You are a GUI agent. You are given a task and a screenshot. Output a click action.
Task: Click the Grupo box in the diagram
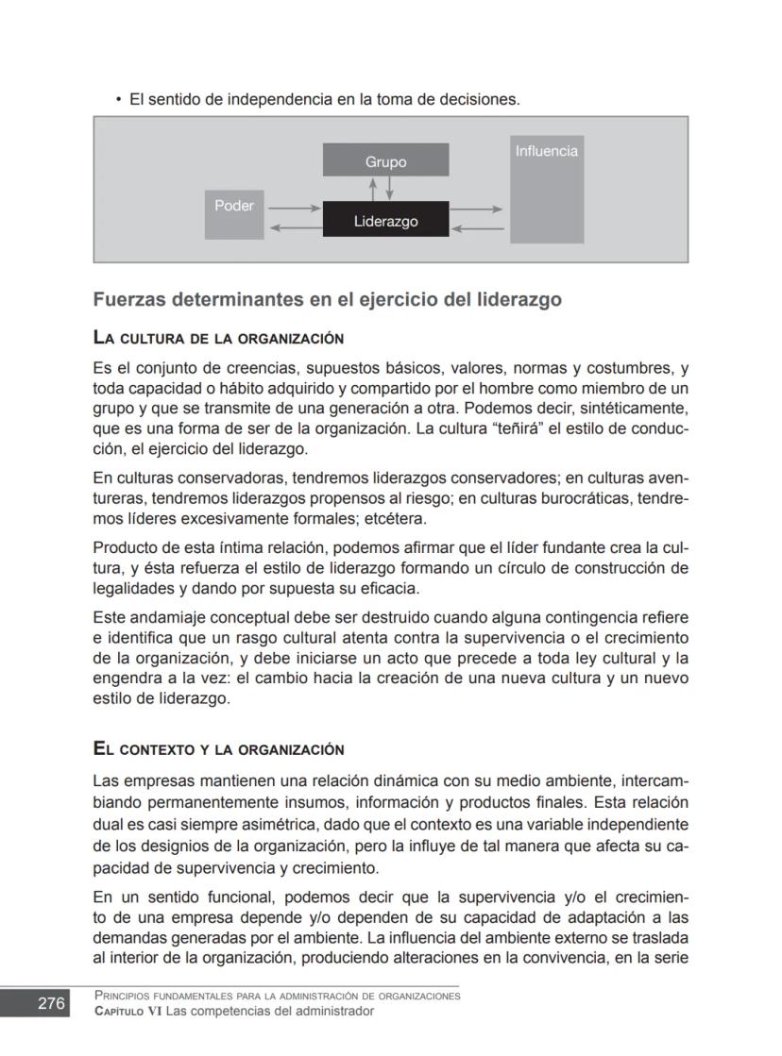385,160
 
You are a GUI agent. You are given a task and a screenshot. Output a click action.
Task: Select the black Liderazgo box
385,220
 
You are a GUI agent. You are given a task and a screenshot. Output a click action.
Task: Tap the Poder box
234,214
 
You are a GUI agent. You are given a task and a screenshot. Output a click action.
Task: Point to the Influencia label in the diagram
546,151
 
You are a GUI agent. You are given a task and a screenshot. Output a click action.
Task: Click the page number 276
51,1003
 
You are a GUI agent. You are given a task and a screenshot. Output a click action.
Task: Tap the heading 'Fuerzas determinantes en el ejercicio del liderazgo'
327,300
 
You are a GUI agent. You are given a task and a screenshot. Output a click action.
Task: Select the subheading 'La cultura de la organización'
217,337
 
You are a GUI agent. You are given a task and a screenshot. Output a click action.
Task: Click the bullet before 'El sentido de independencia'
118,99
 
